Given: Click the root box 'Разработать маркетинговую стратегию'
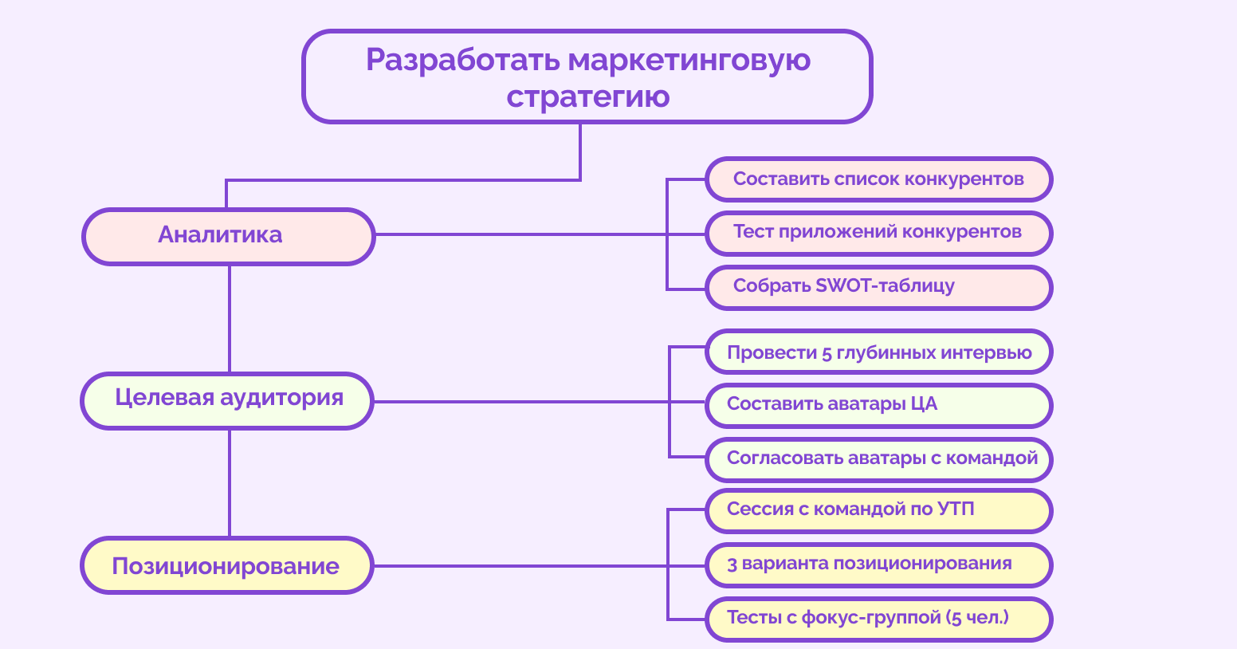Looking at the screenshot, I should (587, 77).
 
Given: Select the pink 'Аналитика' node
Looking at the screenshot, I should (229, 236).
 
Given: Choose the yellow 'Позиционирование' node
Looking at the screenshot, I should (227, 565).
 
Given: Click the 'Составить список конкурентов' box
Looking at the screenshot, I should (878, 179).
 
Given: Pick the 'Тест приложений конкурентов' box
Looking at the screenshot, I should (878, 233).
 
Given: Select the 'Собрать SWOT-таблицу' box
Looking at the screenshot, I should (878, 287).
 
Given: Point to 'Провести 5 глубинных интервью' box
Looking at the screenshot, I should (878, 352).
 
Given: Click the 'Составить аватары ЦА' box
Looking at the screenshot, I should (878, 405).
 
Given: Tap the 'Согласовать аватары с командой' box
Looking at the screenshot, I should (878, 459).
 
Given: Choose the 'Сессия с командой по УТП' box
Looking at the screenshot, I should (878, 510).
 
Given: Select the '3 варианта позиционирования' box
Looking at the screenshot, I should (878, 564).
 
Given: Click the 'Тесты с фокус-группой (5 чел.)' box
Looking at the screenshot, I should (878, 619).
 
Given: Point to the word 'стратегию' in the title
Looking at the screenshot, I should (588, 97).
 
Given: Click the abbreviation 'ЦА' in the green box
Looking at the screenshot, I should (924, 404).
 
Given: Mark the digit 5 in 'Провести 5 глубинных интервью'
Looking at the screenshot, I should (827, 353).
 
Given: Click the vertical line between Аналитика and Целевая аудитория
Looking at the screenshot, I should (230, 319).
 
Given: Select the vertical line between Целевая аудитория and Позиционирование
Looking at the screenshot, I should (230, 483).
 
